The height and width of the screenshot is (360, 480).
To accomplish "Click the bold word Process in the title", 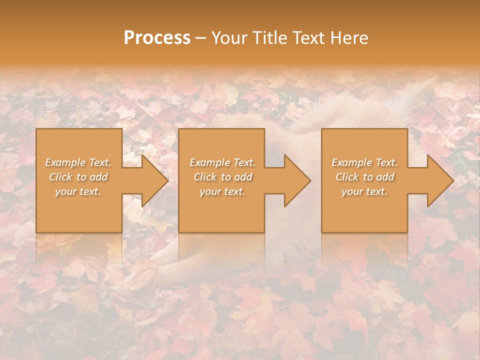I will click(157, 38).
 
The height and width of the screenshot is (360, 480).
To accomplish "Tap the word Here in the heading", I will click(349, 38).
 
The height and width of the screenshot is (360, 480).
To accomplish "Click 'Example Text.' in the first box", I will click(78, 162).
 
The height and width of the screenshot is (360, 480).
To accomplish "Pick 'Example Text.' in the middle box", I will click(222, 162).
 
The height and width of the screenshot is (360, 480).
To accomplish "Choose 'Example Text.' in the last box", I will click(364, 162).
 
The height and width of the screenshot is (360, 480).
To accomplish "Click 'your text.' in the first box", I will click(78, 191).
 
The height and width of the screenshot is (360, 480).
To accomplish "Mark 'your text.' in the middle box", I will click(222, 191).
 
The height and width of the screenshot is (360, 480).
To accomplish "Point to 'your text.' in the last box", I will click(364, 191).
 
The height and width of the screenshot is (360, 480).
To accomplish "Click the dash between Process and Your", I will click(201, 38).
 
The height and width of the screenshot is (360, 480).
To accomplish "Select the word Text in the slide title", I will click(308, 38).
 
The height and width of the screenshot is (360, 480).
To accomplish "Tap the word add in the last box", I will click(385, 177).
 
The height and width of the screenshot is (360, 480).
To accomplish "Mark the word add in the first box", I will click(98, 177).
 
